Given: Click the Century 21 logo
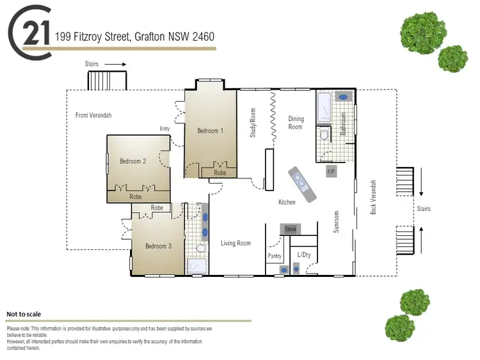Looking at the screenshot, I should (x=30, y=33).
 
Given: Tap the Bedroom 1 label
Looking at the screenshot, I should (x=210, y=130).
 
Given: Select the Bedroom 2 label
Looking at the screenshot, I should (x=133, y=161).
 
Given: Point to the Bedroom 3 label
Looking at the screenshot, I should (x=158, y=246).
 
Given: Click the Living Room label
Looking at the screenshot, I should (x=236, y=243).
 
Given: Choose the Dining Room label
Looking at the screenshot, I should (x=296, y=123).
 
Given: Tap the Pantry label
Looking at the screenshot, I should (x=275, y=256).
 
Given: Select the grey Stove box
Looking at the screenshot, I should (x=291, y=228).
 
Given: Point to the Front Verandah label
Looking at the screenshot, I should (x=93, y=115).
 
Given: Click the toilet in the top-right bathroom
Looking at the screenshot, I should (x=324, y=135).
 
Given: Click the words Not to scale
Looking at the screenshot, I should (x=24, y=314).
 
